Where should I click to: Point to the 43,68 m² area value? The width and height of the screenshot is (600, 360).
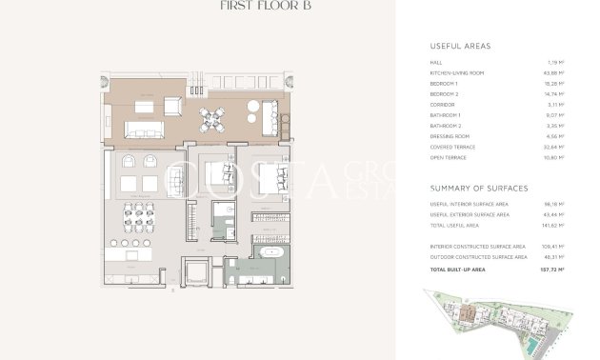pos(555,73)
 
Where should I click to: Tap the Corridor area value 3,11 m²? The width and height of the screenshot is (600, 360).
pos(557,105)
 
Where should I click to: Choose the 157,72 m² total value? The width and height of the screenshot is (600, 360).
pos(552,270)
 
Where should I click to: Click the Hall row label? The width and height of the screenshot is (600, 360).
pos(435,63)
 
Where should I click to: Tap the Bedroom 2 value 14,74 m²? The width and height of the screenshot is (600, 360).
pos(555,94)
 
